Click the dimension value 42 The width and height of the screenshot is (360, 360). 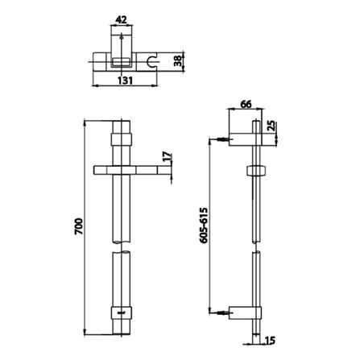(x=121, y=19)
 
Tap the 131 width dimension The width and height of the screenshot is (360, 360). (x=125, y=81)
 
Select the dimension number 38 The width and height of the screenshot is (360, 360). (x=178, y=62)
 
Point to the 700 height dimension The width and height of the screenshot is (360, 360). (x=79, y=226)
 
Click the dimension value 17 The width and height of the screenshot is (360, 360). (x=167, y=156)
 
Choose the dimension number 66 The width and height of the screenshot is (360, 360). (x=246, y=104)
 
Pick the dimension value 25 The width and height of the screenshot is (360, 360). (x=271, y=126)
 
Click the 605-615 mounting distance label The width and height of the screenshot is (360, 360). (x=204, y=225)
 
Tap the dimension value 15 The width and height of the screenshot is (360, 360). (x=270, y=341)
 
